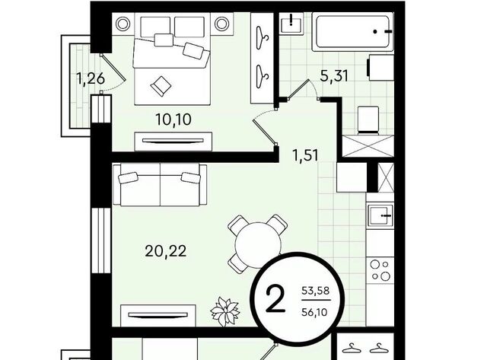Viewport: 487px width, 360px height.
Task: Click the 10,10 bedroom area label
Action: coord(173,119)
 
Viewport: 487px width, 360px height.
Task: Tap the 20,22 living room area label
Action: coord(166,251)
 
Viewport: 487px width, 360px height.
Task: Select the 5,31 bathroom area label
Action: coord(334,76)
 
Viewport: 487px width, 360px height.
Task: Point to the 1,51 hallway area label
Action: coord(306,155)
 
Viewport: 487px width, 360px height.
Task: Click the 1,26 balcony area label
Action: coord(91,78)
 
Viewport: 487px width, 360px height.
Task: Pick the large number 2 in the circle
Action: coord(275,299)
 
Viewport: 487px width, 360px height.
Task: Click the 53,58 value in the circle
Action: coord(316,291)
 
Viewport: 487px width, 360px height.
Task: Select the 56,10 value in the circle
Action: coord(314,312)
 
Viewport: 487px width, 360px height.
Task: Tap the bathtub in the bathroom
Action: coord(352,32)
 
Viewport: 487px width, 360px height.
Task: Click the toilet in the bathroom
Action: coord(368,120)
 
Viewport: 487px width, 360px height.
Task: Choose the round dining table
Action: coord(258,244)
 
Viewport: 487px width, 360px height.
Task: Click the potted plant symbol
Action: coord(225,311)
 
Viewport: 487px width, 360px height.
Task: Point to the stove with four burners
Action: coord(380,270)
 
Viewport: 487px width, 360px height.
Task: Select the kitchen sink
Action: coord(380,215)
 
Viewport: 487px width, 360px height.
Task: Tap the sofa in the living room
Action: coord(160,185)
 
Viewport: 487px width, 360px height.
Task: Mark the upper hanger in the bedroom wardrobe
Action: coord(263,37)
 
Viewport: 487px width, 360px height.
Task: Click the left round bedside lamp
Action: coord(123,24)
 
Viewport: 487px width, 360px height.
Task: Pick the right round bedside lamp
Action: coord(221,24)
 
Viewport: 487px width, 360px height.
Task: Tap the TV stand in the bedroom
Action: coord(173,142)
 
